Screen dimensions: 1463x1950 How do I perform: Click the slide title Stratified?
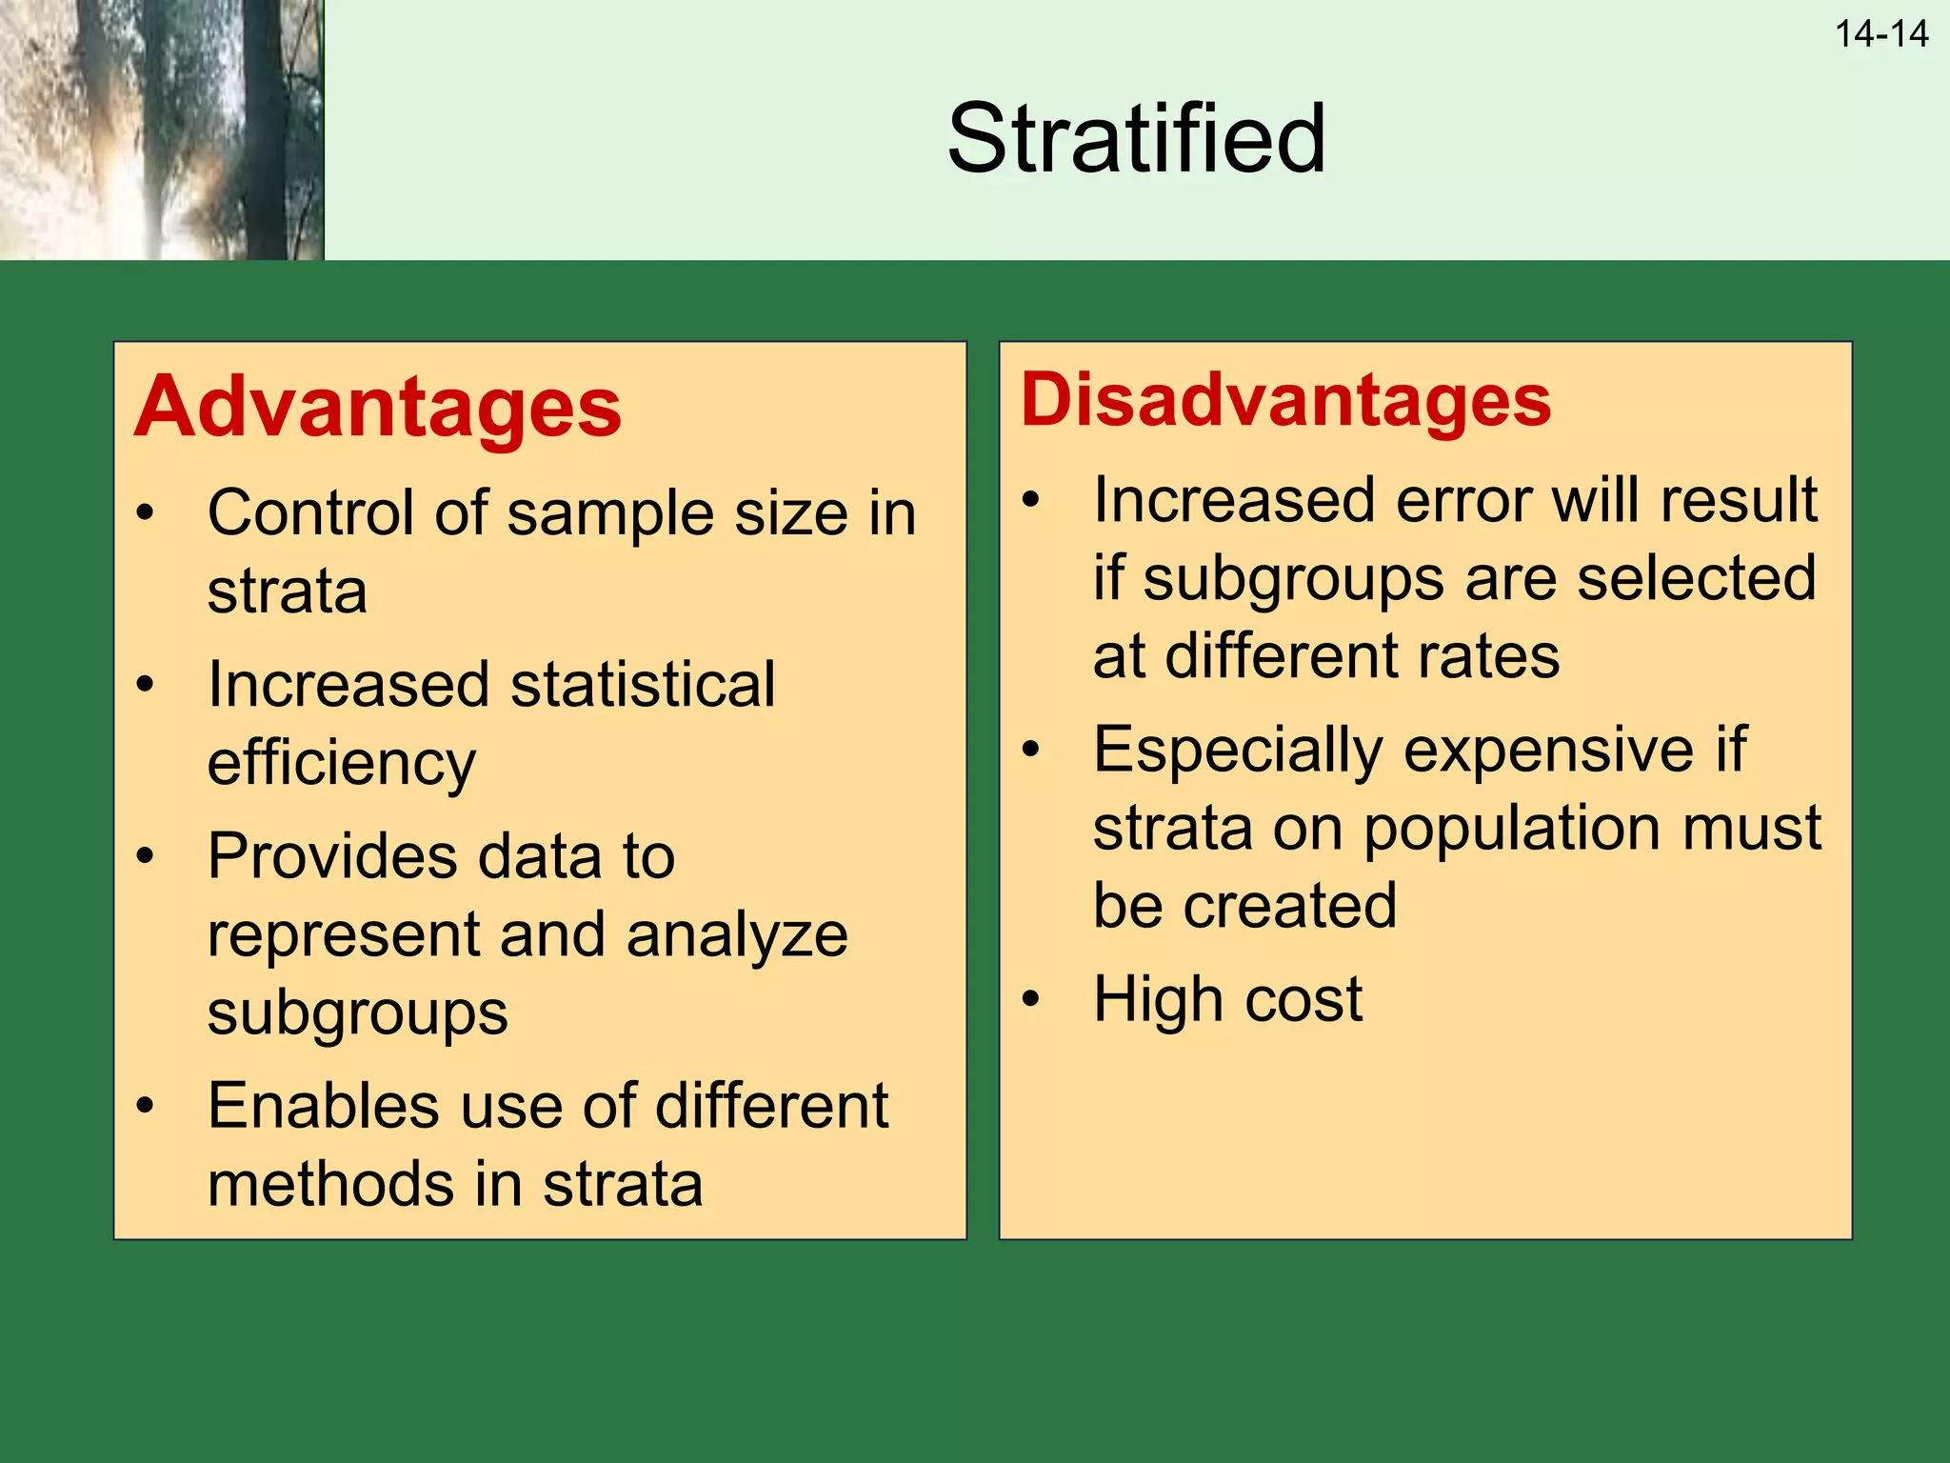[1136, 139]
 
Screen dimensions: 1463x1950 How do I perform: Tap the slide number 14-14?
[1880, 34]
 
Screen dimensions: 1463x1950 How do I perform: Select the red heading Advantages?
[378, 408]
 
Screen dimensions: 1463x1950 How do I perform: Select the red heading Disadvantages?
[1285, 400]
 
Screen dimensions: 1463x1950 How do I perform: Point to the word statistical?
[643, 685]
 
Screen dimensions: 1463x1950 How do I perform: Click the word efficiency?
[341, 764]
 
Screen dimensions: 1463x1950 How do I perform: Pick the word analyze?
[736, 935]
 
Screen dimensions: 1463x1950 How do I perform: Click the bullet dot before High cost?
[1030, 999]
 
